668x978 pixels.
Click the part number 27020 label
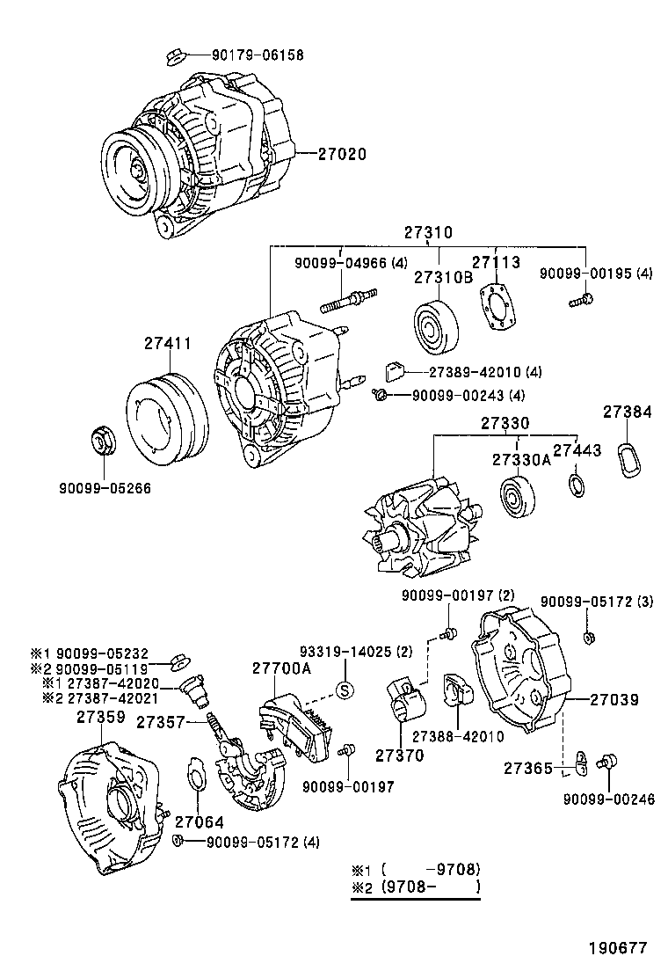tap(337, 154)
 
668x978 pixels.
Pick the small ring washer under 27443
tap(577, 485)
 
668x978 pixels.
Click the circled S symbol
tap(345, 690)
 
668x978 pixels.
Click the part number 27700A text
tap(281, 669)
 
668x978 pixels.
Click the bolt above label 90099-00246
tap(606, 762)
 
